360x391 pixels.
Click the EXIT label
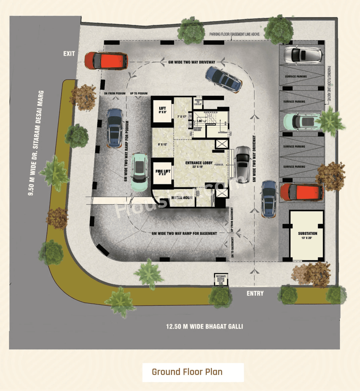coord(69,54)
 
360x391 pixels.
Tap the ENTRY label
coord(255,293)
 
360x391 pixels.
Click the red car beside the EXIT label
coord(106,61)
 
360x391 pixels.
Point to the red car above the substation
coord(301,192)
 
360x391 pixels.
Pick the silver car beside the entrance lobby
coord(243,164)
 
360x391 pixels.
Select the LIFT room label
coord(162,110)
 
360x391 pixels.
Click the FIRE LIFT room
coord(163,172)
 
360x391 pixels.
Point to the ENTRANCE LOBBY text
coord(199,163)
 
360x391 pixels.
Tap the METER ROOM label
coord(182,198)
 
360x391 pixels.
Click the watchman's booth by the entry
coord(221,280)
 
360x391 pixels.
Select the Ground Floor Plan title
coord(187,372)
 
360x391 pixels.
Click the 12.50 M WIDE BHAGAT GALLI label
coord(204,327)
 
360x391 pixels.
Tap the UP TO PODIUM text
coord(139,93)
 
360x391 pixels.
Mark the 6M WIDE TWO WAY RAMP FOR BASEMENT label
coord(184,233)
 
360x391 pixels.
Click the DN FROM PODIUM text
coord(115,93)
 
